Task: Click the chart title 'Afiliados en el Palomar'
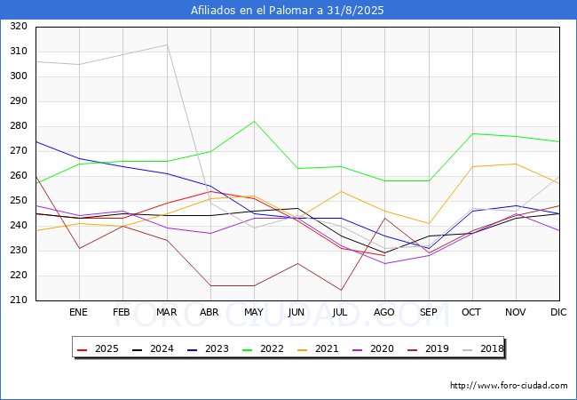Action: coord(252,10)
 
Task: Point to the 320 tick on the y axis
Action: coord(19,26)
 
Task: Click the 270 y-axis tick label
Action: coord(19,150)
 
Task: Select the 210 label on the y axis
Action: coord(19,300)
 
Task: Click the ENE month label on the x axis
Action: coord(78,312)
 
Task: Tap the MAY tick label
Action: coord(254,312)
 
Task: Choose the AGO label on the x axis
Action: coord(384,312)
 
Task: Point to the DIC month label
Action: coord(558,312)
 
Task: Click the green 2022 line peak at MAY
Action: coord(254,121)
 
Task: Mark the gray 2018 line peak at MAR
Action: coord(167,45)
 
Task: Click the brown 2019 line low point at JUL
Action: coord(341,291)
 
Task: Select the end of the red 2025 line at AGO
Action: coord(385,256)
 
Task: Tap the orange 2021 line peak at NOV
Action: coord(516,164)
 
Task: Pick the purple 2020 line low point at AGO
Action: coord(385,263)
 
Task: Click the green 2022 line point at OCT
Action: coord(472,133)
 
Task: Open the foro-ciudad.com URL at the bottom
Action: coord(509,386)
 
